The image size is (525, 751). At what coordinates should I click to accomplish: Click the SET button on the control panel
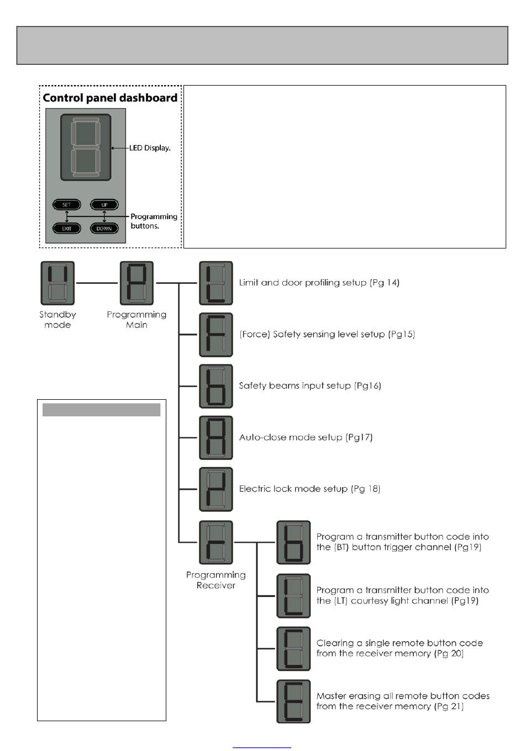point(67,205)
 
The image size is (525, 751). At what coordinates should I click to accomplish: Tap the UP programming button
point(104,205)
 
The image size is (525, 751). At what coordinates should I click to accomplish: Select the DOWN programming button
point(104,228)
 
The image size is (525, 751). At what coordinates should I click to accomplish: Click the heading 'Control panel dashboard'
point(110,98)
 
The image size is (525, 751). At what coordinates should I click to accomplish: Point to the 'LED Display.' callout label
point(150,148)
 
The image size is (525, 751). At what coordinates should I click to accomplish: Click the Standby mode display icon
point(57,283)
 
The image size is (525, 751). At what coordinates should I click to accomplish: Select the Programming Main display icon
point(136,283)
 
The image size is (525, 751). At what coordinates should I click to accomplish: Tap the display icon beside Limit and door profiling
point(216,283)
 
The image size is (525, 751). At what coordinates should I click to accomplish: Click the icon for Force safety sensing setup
point(216,335)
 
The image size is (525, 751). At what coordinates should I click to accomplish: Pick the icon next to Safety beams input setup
point(216,386)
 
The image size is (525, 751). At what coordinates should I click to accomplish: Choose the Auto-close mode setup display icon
point(216,437)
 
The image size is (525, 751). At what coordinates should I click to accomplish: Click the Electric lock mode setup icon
point(216,489)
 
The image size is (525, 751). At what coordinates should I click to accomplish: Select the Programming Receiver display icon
point(216,542)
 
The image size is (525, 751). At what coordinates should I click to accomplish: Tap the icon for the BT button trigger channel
point(293,542)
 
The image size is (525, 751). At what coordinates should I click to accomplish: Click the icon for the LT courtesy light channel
point(293,596)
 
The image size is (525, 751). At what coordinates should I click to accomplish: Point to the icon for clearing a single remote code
point(293,649)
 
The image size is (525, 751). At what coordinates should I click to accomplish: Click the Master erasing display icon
point(293,701)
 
